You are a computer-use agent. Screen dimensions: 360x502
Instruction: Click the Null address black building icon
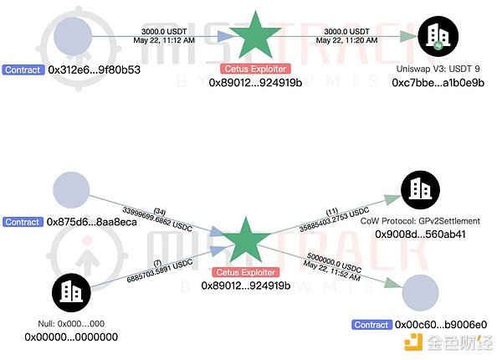tap(72, 291)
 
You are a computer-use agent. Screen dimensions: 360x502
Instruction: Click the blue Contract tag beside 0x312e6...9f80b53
tap(21, 69)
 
